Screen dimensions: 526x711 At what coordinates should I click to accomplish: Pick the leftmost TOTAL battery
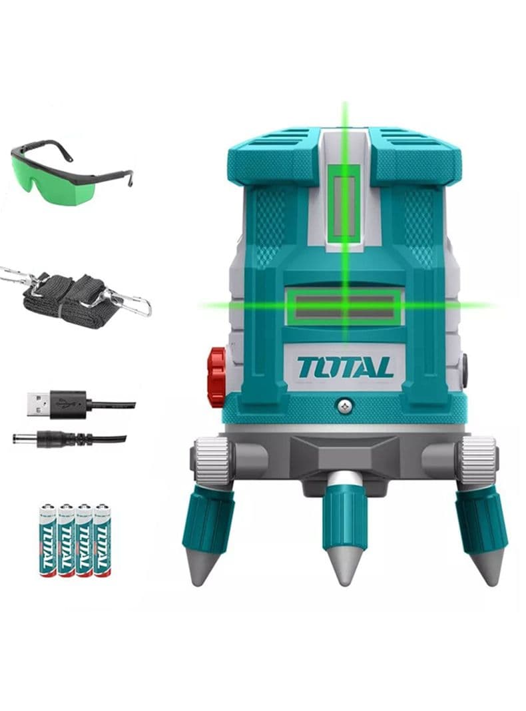[x=48, y=540]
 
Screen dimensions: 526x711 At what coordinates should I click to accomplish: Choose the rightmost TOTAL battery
[x=102, y=540]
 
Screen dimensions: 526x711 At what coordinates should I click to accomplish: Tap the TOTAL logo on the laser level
[x=345, y=367]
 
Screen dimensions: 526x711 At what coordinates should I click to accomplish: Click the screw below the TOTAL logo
[x=345, y=406]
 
